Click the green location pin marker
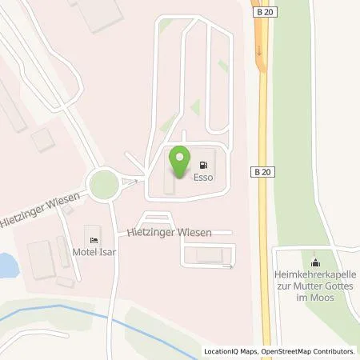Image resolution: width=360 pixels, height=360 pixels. (x=181, y=163)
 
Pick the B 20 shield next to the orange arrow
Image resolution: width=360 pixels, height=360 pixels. (x=265, y=14)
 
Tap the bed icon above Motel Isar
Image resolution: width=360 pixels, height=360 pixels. (x=94, y=238)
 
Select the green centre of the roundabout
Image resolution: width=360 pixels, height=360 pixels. (x=104, y=186)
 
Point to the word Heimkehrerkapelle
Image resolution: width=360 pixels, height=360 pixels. (x=314, y=274)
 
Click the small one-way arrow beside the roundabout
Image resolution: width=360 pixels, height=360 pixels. (x=133, y=181)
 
